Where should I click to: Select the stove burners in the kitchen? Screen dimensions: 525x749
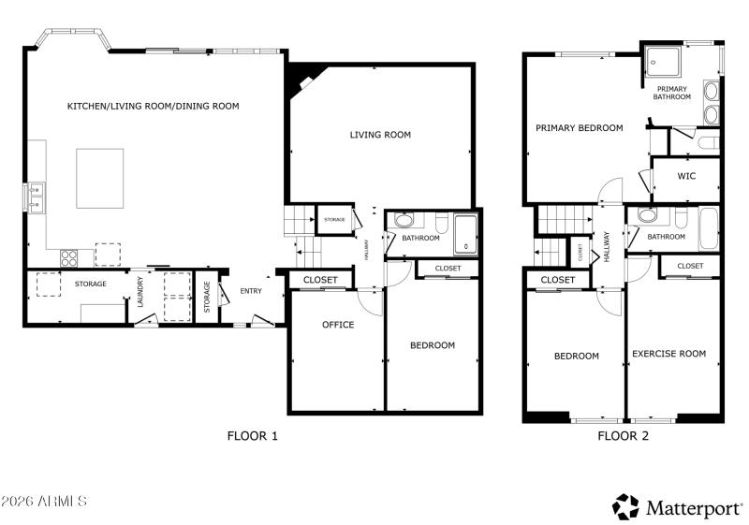pyautogui.click(x=69, y=255)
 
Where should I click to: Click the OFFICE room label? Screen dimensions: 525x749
pyautogui.click(x=338, y=325)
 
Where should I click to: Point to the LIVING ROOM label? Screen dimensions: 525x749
pyautogui.click(x=380, y=135)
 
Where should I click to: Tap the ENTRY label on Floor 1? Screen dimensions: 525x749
pyautogui.click(x=251, y=291)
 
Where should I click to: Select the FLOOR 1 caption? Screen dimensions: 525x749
pyautogui.click(x=253, y=435)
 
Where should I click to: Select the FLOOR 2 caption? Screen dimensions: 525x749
pyautogui.click(x=623, y=435)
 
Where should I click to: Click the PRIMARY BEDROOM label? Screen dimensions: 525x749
pyautogui.click(x=579, y=128)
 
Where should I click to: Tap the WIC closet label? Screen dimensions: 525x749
pyautogui.click(x=685, y=176)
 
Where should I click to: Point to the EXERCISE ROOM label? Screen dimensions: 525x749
pyautogui.click(x=668, y=354)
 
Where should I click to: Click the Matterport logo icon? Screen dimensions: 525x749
pyautogui.click(x=625, y=506)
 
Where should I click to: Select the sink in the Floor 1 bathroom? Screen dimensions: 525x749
pyautogui.click(x=403, y=222)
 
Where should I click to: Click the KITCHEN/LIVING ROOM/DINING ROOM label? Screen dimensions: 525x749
pyautogui.click(x=153, y=107)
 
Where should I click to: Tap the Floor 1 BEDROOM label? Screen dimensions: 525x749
pyautogui.click(x=433, y=345)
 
